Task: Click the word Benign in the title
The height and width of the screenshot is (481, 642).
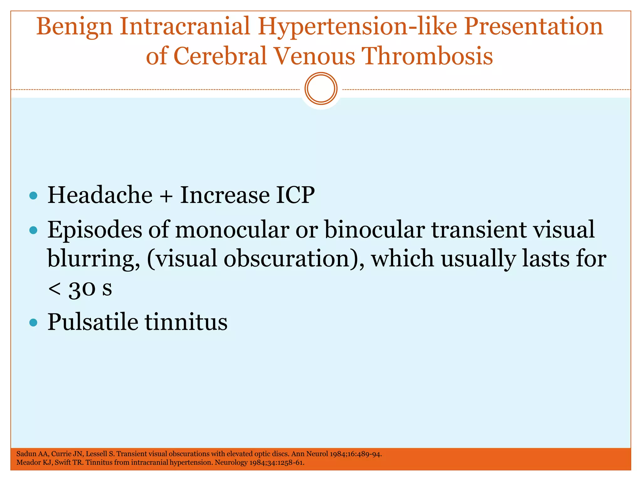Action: (x=74, y=27)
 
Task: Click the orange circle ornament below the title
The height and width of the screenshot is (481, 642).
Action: (x=321, y=89)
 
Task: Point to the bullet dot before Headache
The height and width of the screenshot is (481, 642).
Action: (x=33, y=196)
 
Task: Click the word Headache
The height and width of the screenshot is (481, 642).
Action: (x=100, y=195)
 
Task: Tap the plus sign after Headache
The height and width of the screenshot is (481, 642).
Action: (x=166, y=196)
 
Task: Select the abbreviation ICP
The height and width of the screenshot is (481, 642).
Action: (x=295, y=195)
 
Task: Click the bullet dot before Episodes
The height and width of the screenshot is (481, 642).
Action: (x=33, y=231)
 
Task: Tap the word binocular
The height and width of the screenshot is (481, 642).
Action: (x=375, y=230)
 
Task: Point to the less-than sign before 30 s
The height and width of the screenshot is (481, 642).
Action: (x=55, y=288)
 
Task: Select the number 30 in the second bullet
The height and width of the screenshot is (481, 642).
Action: (x=82, y=289)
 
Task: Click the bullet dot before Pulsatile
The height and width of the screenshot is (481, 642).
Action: (x=33, y=322)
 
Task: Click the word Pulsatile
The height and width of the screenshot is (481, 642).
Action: (x=93, y=322)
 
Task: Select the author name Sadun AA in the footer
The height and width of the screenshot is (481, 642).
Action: (x=32, y=454)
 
